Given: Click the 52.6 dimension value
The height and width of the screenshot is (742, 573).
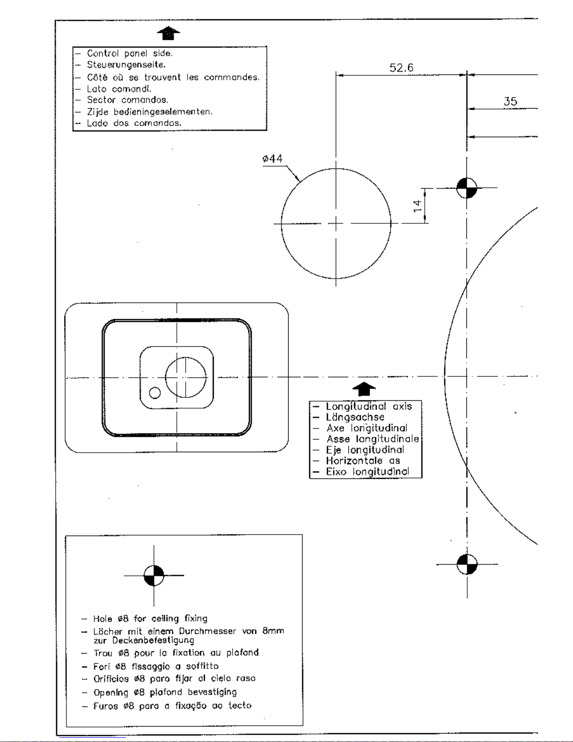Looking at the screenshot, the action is tap(401, 67).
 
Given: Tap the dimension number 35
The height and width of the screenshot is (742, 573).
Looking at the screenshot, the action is tap(510, 102).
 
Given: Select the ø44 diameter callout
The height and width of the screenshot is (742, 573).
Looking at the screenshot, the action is tap(272, 159).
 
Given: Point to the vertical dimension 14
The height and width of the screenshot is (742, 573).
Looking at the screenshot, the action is tap(417, 206).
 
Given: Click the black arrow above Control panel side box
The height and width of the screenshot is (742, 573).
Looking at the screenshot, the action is tap(168, 33).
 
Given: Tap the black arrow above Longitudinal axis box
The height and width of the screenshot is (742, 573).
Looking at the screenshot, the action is tap(364, 389).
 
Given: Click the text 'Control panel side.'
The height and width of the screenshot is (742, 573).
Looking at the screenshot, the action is tap(130, 53).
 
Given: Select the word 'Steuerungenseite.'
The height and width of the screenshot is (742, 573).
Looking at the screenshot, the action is tap(126, 65).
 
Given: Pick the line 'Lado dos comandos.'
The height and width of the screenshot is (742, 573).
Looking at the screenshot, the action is tap(134, 123).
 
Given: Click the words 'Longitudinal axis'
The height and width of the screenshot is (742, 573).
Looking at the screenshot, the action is tap(369, 406).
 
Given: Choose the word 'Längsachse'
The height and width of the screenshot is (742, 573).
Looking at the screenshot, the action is tap(355, 417).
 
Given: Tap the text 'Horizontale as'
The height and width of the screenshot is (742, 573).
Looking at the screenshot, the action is tap(363, 461).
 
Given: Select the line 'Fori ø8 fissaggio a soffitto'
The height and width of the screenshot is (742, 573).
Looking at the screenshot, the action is tap(156, 666).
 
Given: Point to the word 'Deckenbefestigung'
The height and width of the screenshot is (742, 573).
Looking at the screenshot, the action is tap(153, 640).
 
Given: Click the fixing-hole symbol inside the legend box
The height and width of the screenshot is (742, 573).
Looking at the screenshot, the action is tap(154, 575).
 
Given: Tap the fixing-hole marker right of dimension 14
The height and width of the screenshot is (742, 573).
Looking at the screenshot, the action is tap(467, 188).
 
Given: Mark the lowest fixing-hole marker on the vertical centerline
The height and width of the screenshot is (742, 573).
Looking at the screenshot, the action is tap(467, 564).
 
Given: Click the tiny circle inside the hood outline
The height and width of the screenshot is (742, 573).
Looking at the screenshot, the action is tap(155, 393).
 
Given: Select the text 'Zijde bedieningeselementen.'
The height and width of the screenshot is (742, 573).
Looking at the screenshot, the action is tap(150, 112).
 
